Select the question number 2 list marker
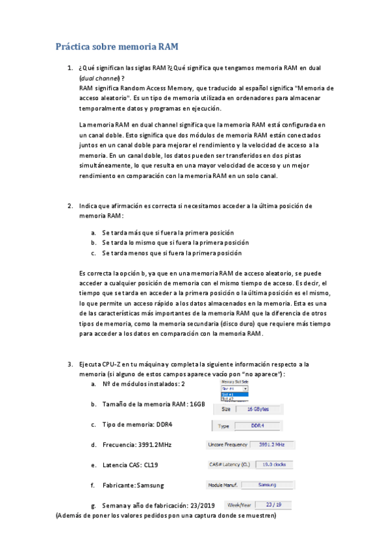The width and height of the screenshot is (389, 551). [70, 206]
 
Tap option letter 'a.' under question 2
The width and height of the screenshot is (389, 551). [94, 232]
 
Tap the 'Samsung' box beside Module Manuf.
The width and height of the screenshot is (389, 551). [268, 485]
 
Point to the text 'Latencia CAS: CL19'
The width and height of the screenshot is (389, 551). [130, 465]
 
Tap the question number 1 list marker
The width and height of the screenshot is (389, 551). [70, 67]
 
